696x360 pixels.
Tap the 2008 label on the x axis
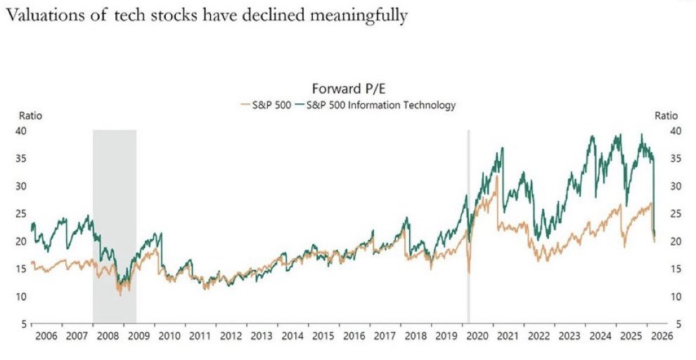[x=108, y=337]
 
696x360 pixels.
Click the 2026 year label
[x=662, y=337]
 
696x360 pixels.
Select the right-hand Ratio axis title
[x=666, y=116]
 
